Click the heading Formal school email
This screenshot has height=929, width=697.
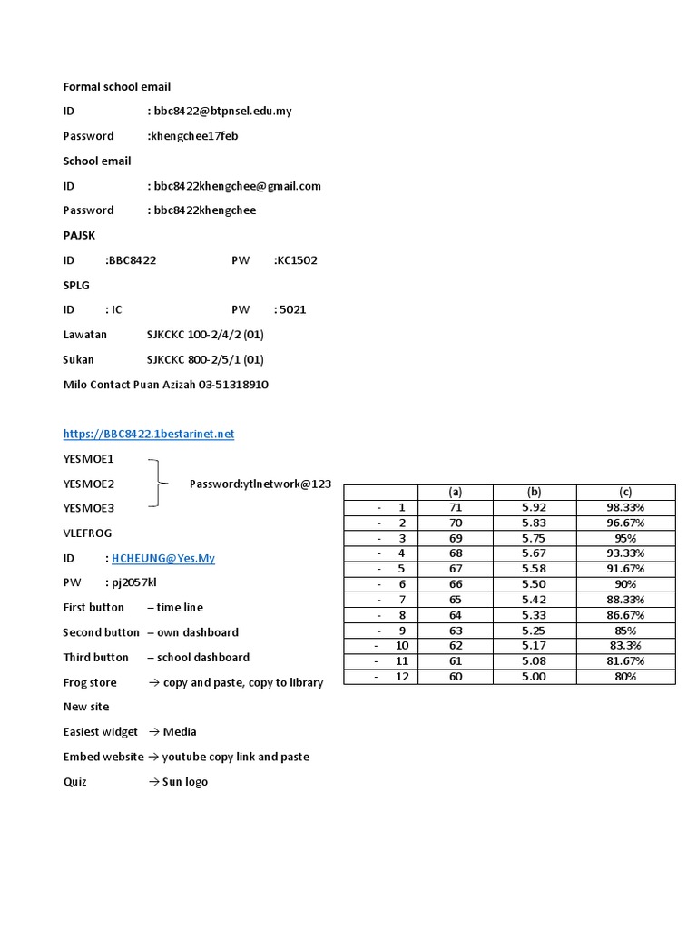pyautogui.click(x=116, y=86)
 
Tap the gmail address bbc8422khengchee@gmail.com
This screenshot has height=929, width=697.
pyautogui.click(x=238, y=186)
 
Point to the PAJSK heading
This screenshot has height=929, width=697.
pyautogui.click(x=79, y=235)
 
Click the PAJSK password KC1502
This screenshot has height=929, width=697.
pyautogui.click(x=298, y=260)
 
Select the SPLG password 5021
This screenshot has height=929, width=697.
pyautogui.click(x=293, y=309)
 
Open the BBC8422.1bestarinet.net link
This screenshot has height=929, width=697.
pyautogui.click(x=148, y=434)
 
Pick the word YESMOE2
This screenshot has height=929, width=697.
pyautogui.click(x=88, y=484)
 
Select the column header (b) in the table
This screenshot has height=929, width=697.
pyautogui.click(x=534, y=492)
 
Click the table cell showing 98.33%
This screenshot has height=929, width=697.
pyautogui.click(x=625, y=507)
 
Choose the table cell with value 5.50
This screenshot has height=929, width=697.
pyautogui.click(x=534, y=584)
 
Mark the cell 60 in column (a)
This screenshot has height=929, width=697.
pyautogui.click(x=456, y=676)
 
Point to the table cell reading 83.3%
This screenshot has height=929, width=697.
pyautogui.click(x=625, y=645)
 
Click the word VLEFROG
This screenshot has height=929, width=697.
pyautogui.click(x=87, y=533)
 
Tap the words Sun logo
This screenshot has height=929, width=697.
pyautogui.click(x=184, y=781)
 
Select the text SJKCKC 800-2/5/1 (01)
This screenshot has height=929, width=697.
pyautogui.click(x=205, y=359)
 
